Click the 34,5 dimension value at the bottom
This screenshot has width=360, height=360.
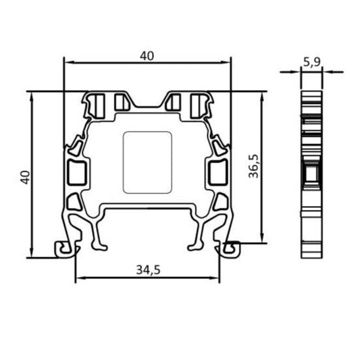coord(147,269)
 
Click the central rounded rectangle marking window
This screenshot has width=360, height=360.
coord(147,164)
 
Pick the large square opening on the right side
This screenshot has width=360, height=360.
coord(216,172)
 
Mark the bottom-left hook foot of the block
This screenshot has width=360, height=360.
coord(63,248)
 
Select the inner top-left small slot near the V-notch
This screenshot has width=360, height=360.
coord(122,103)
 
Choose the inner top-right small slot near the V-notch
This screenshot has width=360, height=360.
coord(174,103)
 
